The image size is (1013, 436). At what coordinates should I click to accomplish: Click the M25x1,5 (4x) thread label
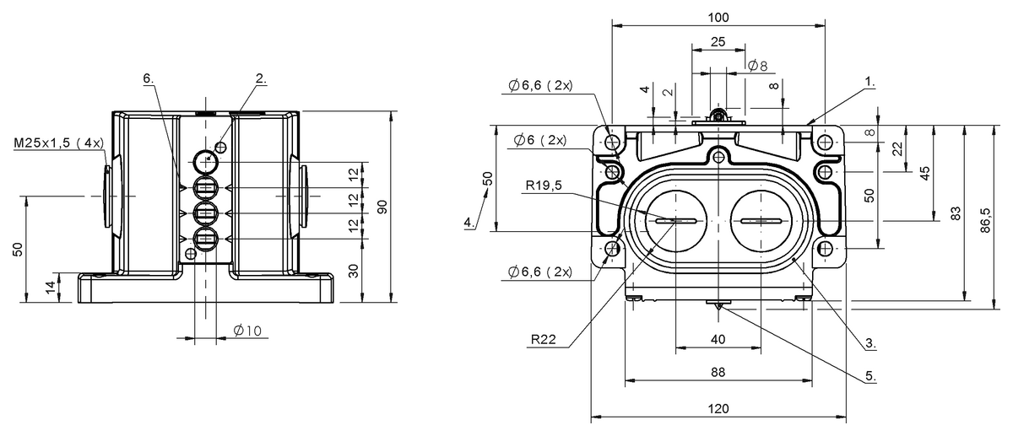click(x=58, y=143)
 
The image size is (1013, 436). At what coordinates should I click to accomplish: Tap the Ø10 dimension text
click(x=245, y=331)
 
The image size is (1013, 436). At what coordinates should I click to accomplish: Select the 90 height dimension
click(x=382, y=207)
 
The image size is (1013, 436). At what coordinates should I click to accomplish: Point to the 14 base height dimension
click(x=51, y=287)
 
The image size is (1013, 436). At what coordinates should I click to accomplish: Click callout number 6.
click(x=148, y=78)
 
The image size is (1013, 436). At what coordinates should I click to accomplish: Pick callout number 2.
click(x=260, y=78)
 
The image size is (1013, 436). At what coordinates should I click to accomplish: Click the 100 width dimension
click(x=718, y=17)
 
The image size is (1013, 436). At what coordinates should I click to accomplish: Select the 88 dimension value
click(x=717, y=372)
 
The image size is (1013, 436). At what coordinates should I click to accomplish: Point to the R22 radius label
click(x=544, y=340)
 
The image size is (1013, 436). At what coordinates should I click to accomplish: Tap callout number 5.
click(x=870, y=376)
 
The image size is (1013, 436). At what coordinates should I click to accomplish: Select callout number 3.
click(x=870, y=343)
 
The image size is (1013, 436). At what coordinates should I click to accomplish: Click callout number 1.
click(x=870, y=83)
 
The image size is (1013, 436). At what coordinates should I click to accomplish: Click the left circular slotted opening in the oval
click(x=674, y=221)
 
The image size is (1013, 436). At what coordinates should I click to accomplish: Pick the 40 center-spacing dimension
click(x=718, y=339)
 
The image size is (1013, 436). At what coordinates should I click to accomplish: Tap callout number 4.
click(x=469, y=222)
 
